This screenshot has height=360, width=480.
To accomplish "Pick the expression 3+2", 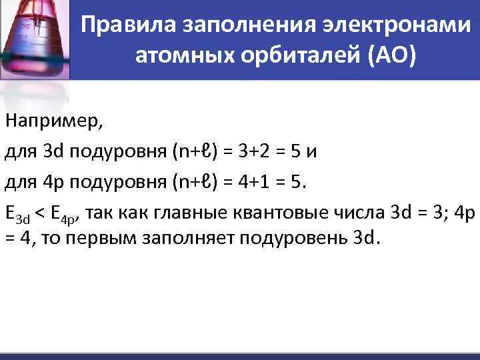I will [251, 151].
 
